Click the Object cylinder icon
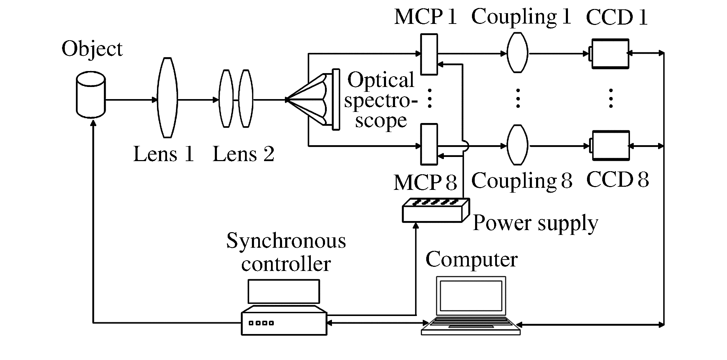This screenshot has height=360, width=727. click(x=91, y=95)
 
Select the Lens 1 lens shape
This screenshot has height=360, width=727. click(x=167, y=98)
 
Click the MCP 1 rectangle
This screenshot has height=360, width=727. click(x=429, y=54)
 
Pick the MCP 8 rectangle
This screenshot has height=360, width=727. click(x=429, y=144)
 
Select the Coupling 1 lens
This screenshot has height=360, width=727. click(x=517, y=53)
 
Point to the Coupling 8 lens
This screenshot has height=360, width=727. click(x=517, y=144)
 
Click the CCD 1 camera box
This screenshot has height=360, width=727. click(x=610, y=54)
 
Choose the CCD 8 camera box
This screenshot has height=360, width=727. click(x=610, y=146)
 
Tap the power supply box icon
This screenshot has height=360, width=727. click(x=436, y=210)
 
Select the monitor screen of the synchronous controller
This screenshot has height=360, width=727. click(x=284, y=291)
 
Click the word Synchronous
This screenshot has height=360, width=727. click(x=286, y=241)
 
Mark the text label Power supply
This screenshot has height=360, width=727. click(x=535, y=223)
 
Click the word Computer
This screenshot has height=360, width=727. click(x=471, y=259)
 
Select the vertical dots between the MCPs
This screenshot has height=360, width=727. click(x=430, y=98)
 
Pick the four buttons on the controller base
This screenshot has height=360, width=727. click(x=261, y=323)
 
